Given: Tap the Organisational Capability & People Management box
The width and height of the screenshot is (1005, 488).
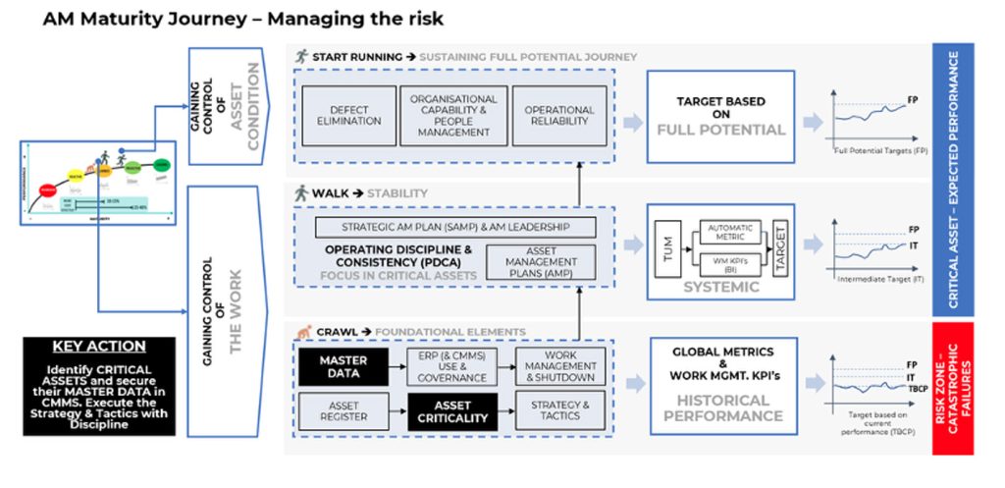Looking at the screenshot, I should [x=453, y=115].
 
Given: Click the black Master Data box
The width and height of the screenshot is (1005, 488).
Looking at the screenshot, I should [x=344, y=367].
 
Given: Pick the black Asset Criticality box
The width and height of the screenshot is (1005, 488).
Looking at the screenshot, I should [x=453, y=411].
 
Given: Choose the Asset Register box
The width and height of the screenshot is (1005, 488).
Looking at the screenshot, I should [x=344, y=411].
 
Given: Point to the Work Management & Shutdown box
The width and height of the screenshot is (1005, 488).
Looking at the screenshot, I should [x=558, y=367].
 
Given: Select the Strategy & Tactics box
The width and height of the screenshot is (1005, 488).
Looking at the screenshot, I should [x=558, y=411].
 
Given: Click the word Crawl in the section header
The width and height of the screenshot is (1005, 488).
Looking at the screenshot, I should [x=330, y=332].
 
